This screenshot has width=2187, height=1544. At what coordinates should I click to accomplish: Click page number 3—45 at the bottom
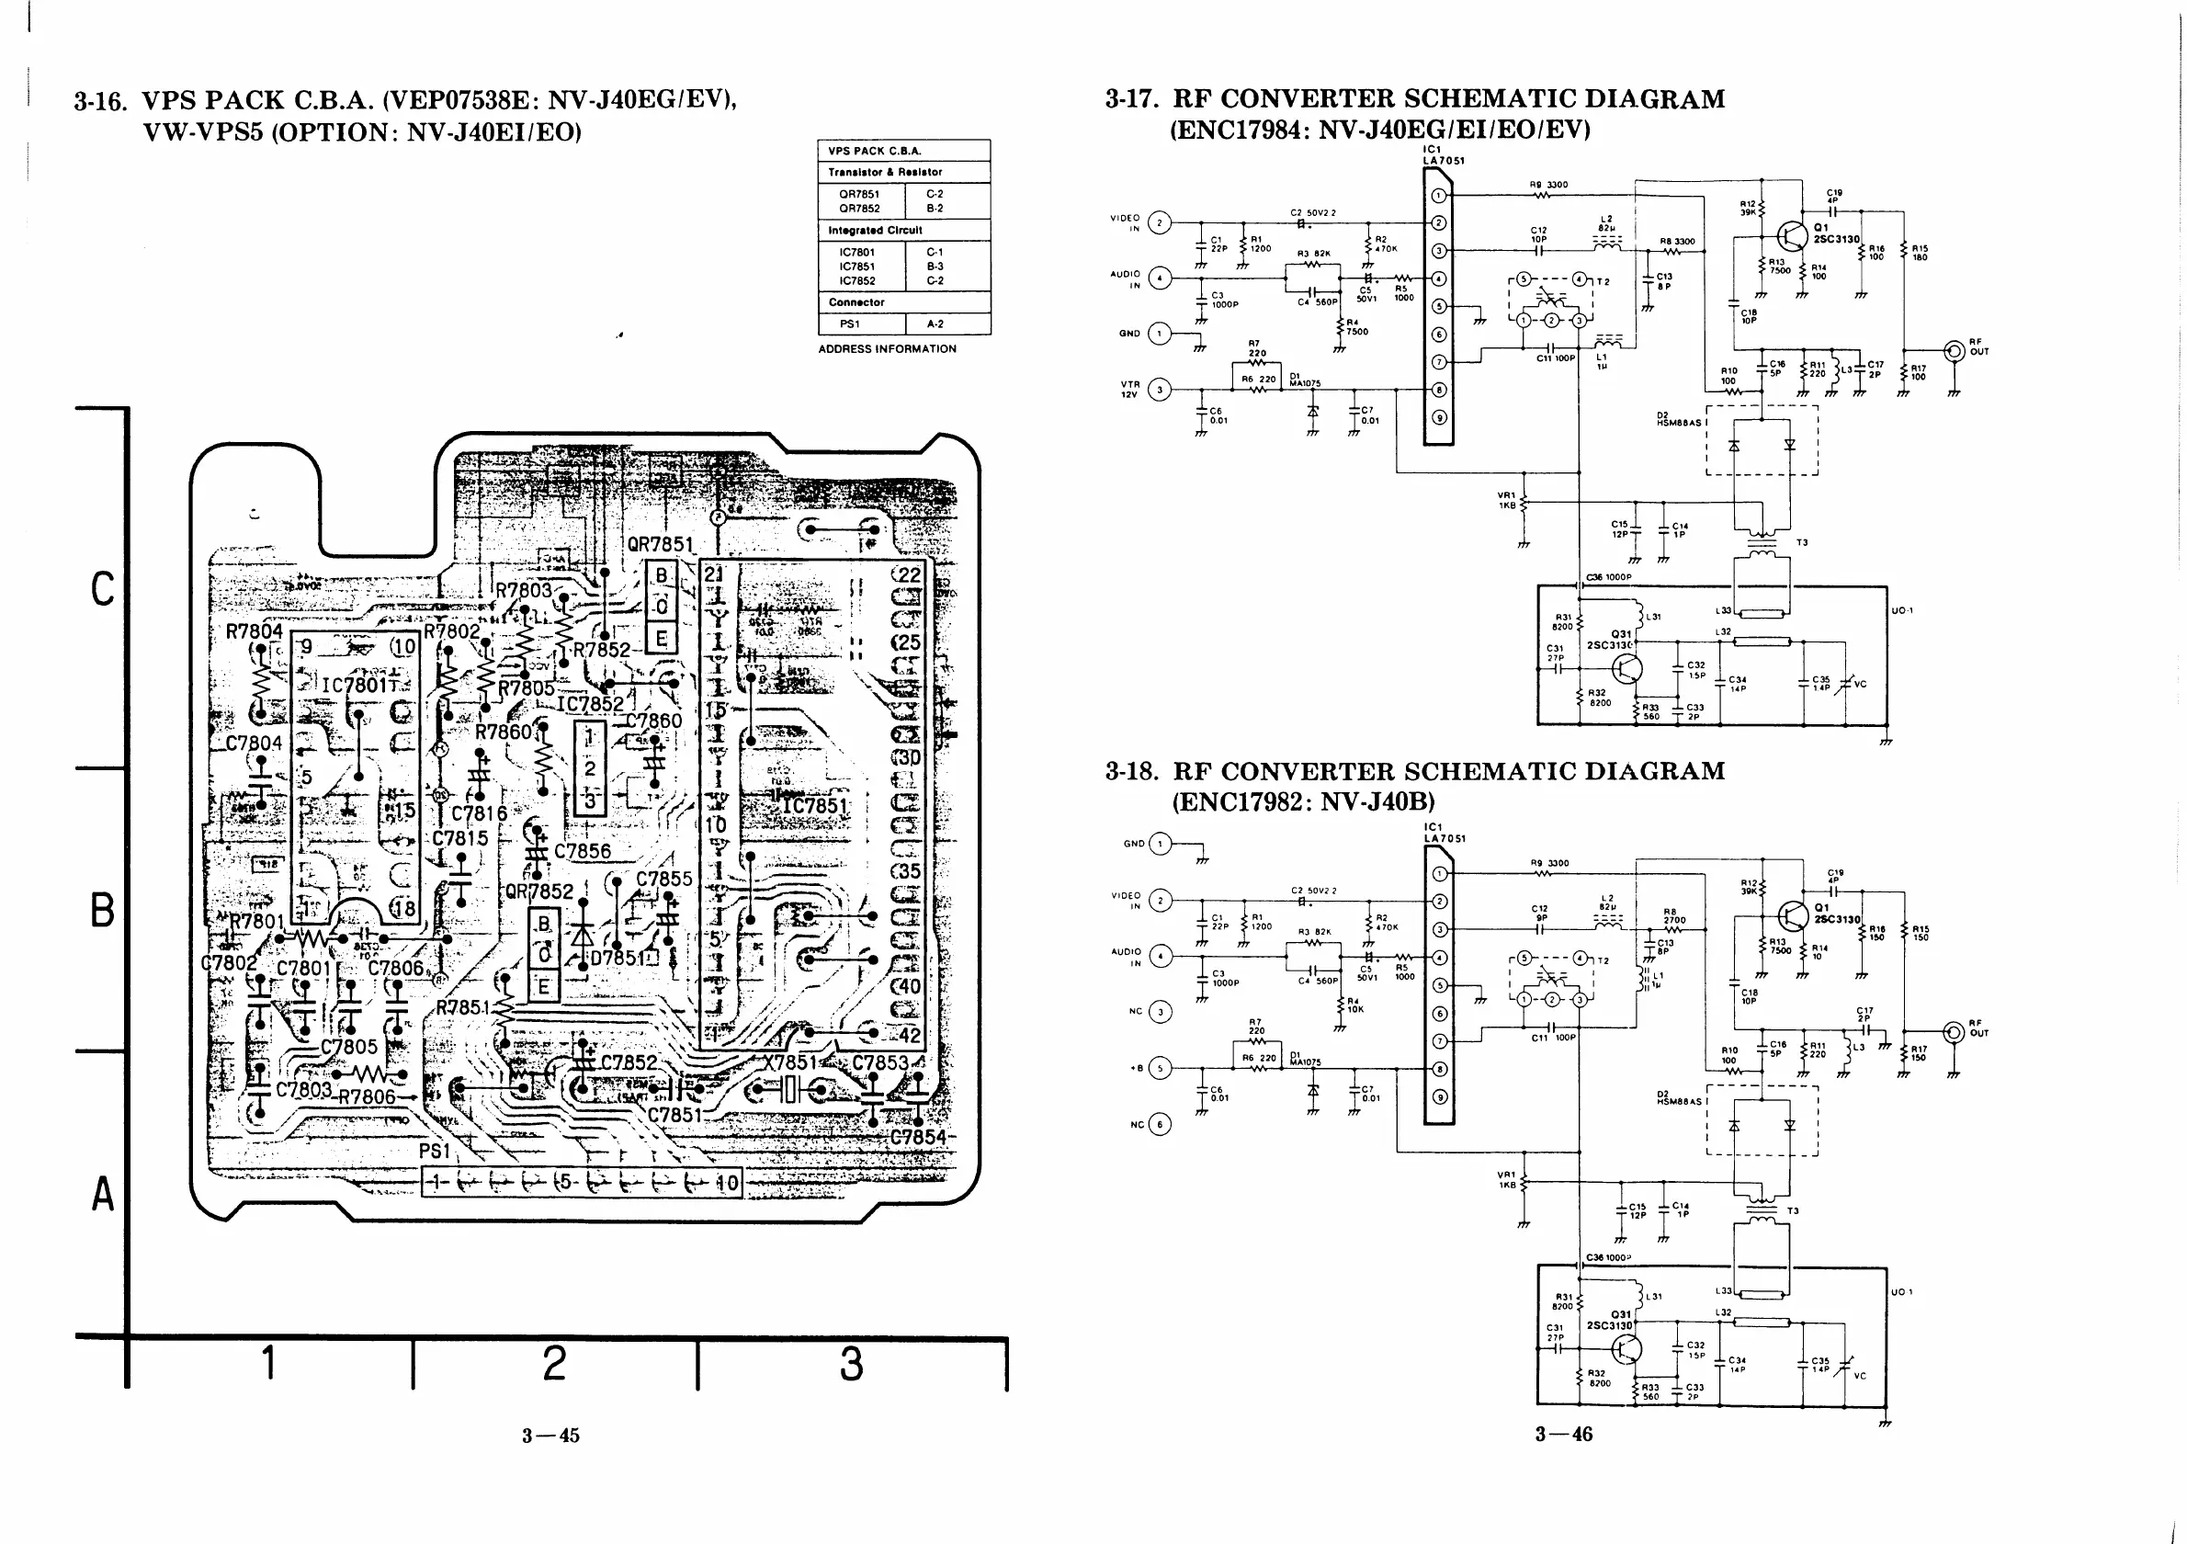pyautogui.click(x=550, y=1436)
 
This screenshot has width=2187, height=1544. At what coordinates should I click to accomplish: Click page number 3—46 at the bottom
pyautogui.click(x=1563, y=1434)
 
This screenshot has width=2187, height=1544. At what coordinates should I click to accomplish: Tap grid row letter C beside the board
pyautogui.click(x=102, y=588)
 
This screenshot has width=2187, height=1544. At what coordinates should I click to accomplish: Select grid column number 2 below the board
pyautogui.click(x=554, y=1363)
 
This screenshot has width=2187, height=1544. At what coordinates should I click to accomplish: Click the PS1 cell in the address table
pyautogui.click(x=850, y=324)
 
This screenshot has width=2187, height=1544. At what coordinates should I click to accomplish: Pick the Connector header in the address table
pyautogui.click(x=856, y=302)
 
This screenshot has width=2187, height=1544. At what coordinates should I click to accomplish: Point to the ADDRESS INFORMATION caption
pyautogui.click(x=887, y=348)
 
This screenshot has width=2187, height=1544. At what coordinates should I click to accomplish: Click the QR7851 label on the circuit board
pyautogui.click(x=660, y=545)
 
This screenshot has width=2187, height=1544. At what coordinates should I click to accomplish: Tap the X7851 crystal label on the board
pyautogui.click(x=789, y=1063)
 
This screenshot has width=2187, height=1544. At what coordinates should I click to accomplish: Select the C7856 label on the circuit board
pyautogui.click(x=582, y=851)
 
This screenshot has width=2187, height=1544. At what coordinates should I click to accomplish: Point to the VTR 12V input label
pyautogui.click(x=1129, y=390)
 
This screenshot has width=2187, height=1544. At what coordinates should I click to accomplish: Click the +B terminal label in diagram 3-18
pyautogui.click(x=1137, y=1068)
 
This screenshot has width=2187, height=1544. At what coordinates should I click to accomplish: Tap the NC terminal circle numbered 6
pyautogui.click(x=1160, y=1124)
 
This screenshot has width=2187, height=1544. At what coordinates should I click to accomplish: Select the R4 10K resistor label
pyautogui.click(x=1354, y=1005)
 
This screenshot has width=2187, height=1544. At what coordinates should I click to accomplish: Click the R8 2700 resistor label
pyautogui.click(x=1673, y=916)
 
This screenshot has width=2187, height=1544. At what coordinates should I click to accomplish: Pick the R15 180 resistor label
pyautogui.click(x=1920, y=253)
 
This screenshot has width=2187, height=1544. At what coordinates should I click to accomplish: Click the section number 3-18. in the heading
pyautogui.click(x=1130, y=771)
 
